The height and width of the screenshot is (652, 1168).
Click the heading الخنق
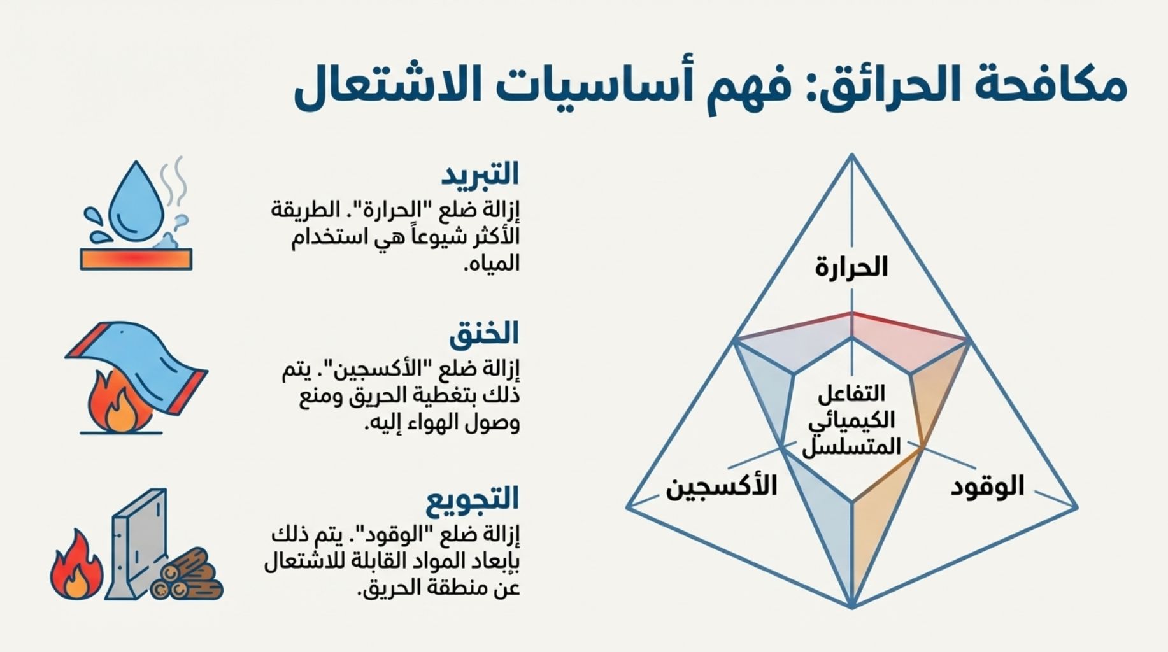[485, 334]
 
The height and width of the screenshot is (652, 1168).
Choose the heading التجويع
[473, 499]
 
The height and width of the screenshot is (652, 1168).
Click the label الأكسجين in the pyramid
[722, 486]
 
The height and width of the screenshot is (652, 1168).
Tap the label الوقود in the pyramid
[988, 487]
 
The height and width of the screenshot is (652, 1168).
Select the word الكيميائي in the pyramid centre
[851, 421]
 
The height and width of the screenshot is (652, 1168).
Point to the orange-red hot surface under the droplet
[136, 259]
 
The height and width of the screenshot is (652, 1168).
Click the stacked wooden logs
[187, 576]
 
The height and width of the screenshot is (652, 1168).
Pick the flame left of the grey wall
[76, 567]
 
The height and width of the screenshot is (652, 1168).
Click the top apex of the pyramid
[852, 154]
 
